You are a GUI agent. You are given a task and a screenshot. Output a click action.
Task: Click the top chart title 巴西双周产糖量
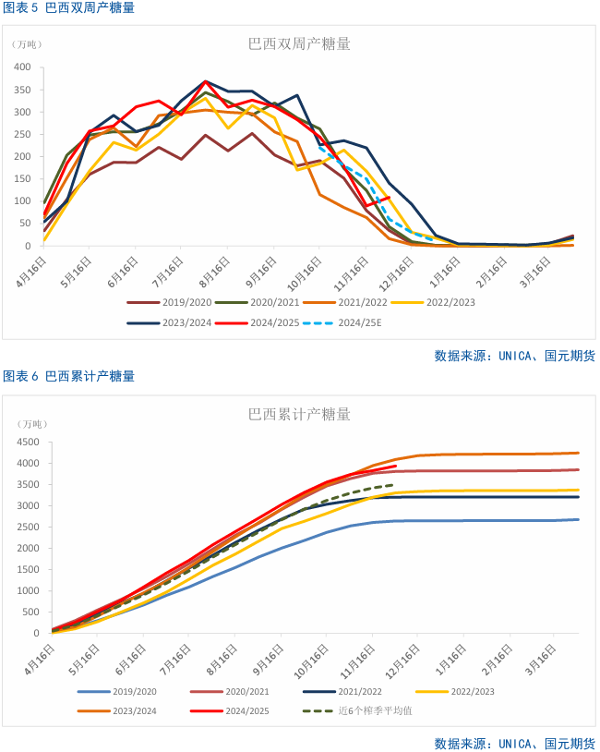[x=299, y=43]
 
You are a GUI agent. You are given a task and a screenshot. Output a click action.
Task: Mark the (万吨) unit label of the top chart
[x=27, y=44]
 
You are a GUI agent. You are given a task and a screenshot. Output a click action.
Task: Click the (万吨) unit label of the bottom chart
[x=31, y=424]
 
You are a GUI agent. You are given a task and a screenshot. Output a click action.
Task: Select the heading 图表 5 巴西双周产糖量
[x=68, y=7]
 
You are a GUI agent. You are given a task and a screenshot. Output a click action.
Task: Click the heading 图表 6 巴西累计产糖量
[x=68, y=376]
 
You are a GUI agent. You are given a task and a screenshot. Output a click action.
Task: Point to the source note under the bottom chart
[x=514, y=743]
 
